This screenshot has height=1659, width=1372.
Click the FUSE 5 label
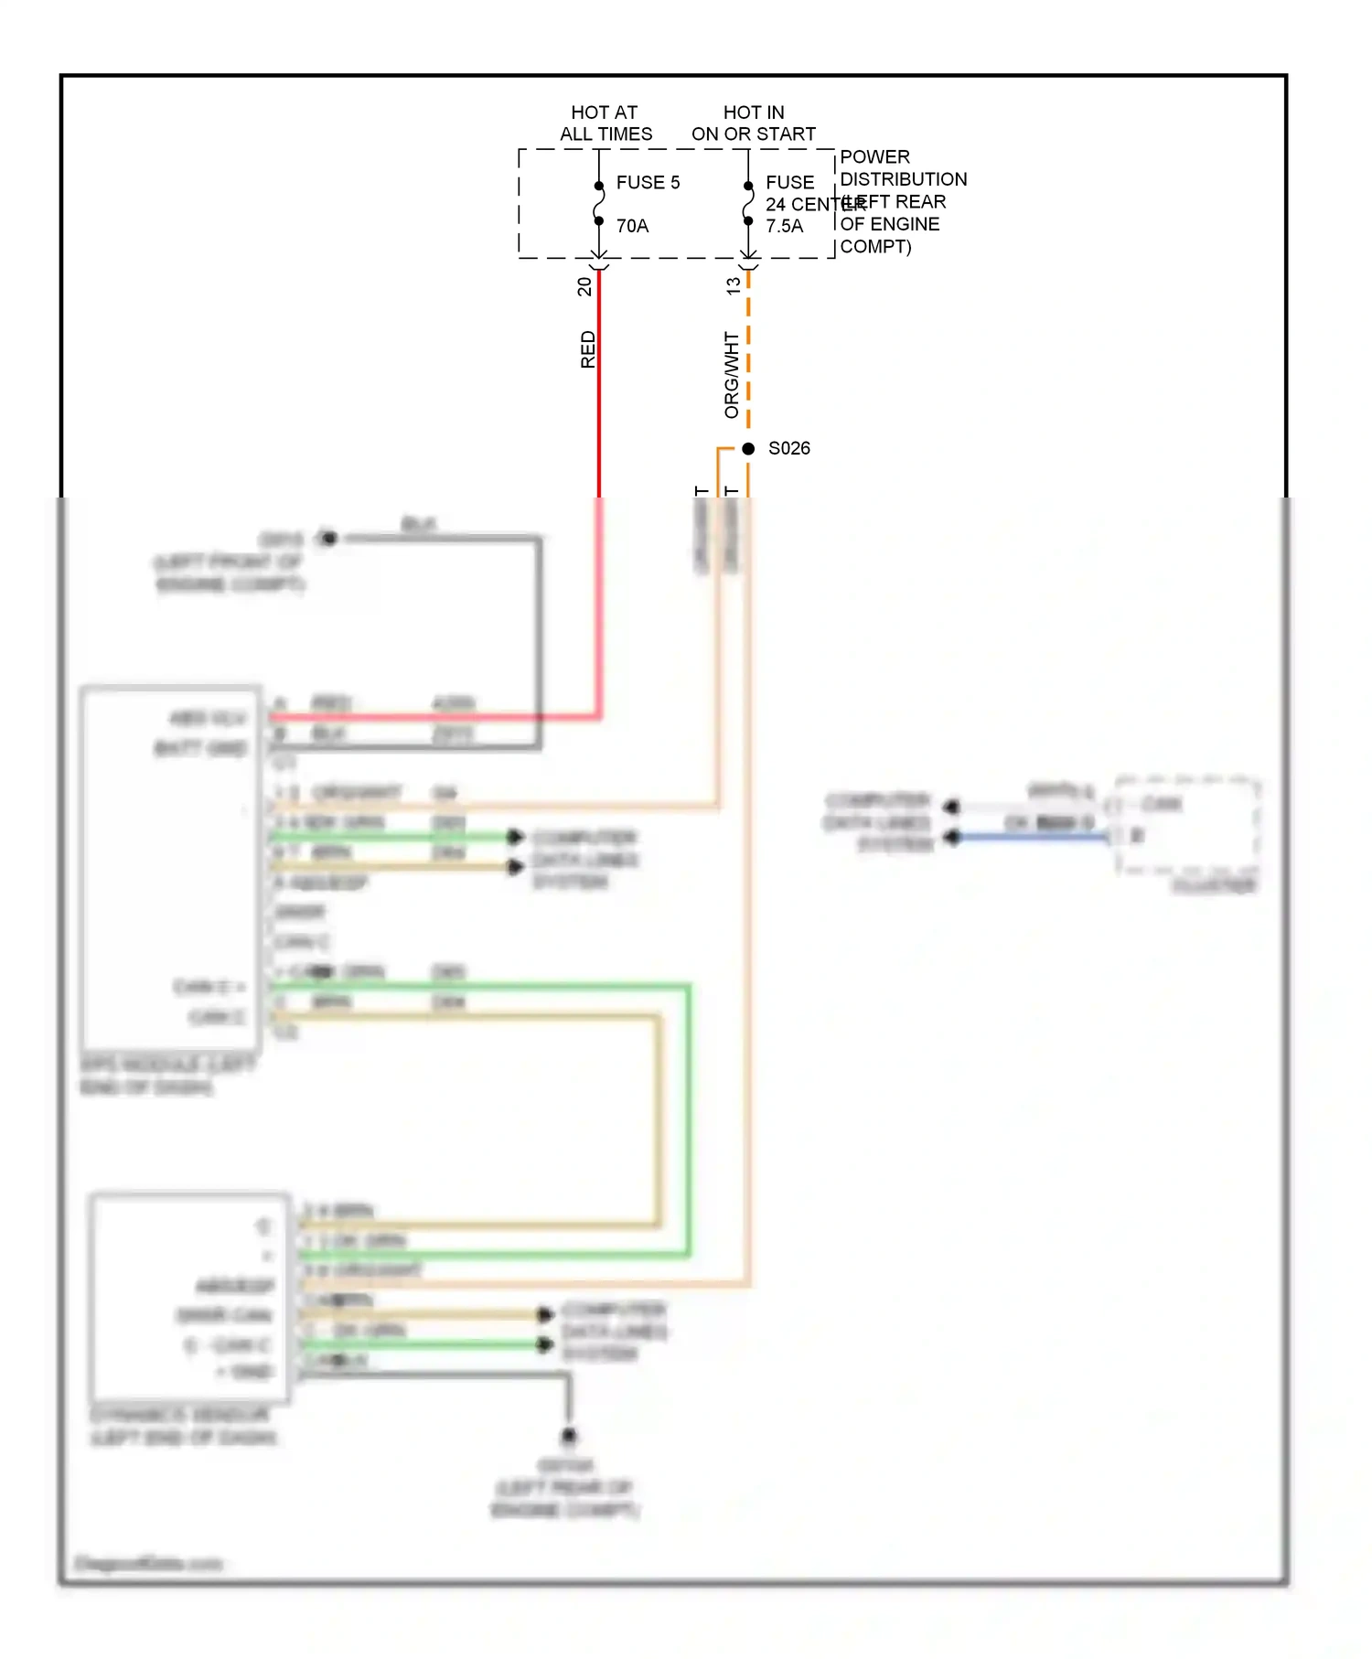coord(648,182)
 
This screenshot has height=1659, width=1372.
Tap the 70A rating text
coord(632,226)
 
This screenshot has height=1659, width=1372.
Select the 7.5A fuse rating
coord(784,226)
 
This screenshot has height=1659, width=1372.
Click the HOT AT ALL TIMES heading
coord(606,123)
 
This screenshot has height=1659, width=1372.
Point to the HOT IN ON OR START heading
coord(753,123)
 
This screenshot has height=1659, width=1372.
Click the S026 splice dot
coord(748,448)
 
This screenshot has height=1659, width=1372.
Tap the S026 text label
coord(788,448)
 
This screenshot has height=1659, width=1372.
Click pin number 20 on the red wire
coord(584,286)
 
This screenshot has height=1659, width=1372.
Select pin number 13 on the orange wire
coord(733,286)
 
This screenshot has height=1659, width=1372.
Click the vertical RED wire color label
coord(587,349)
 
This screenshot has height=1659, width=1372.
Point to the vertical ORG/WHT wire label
coord(731,375)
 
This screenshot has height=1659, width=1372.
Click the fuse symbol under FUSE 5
coord(599,203)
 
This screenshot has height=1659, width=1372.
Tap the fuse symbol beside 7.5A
coord(748,203)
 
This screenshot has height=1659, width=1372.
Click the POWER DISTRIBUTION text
coord(902,168)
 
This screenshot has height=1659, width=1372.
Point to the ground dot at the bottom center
coord(568,1436)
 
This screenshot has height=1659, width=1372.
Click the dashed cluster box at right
coord(1187,826)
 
